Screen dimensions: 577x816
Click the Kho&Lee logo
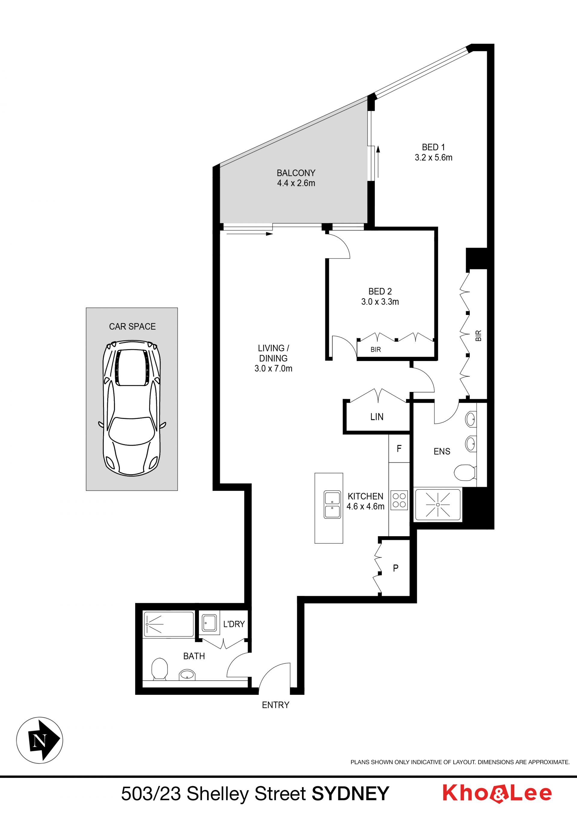click(x=497, y=793)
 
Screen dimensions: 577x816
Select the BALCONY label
click(x=296, y=173)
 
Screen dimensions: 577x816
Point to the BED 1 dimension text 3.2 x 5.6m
click(x=433, y=157)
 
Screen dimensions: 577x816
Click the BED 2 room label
click(x=380, y=292)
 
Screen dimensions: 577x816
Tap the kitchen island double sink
click(x=332, y=505)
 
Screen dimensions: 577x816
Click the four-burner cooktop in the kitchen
click(x=399, y=500)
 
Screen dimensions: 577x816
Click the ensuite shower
click(x=438, y=505)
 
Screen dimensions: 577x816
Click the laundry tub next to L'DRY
click(x=209, y=623)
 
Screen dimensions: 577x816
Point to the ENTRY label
click(x=275, y=705)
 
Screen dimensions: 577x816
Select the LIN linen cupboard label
click(x=377, y=417)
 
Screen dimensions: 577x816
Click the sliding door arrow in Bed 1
click(x=378, y=162)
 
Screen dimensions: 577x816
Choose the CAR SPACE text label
click(x=132, y=326)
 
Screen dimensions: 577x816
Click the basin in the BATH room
click(x=187, y=674)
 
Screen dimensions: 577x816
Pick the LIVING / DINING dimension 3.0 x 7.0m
click(x=273, y=368)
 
